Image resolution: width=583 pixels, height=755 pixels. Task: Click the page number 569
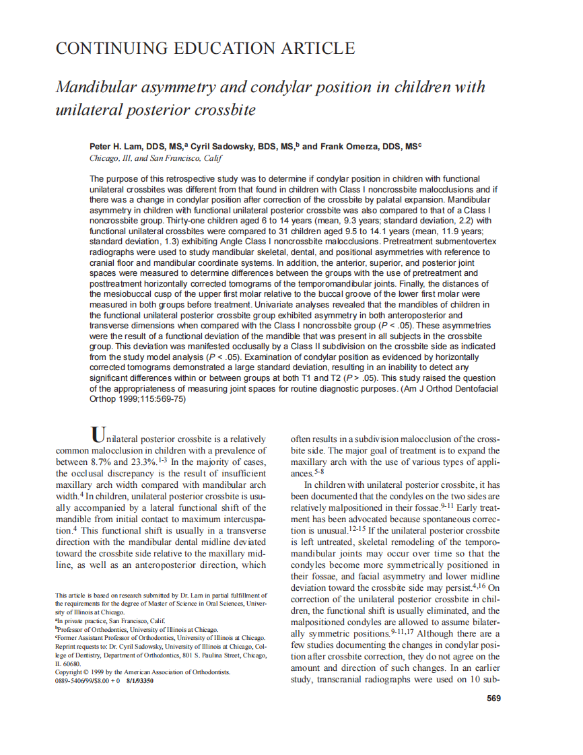[x=493, y=698]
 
